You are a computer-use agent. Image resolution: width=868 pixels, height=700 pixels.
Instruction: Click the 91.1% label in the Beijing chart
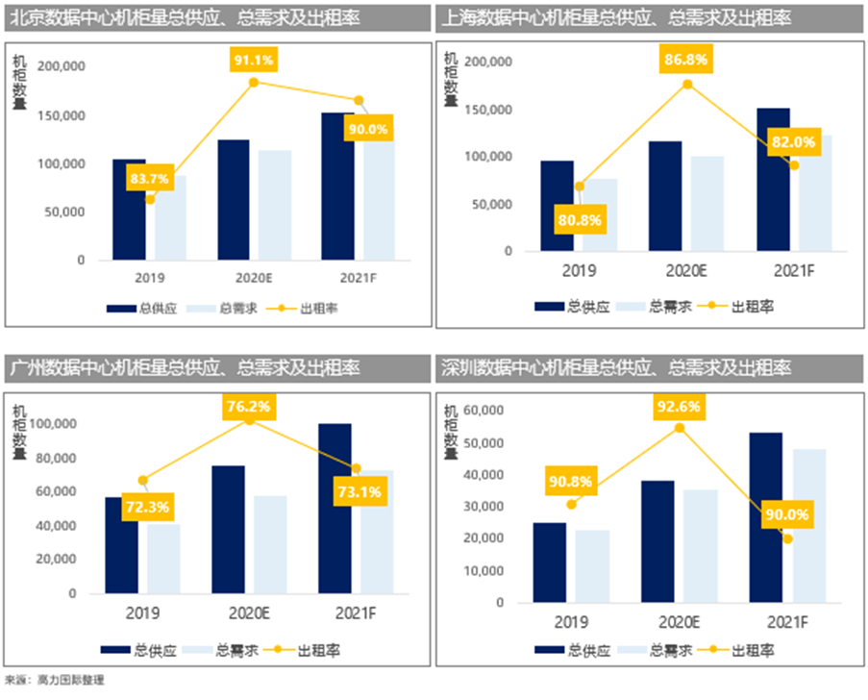[254, 60]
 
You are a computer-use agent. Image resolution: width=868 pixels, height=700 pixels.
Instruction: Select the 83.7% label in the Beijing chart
[148, 178]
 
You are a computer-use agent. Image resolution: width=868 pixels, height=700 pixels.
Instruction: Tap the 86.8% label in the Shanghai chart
[685, 60]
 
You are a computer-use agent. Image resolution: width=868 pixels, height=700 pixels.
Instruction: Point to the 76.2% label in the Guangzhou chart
[248, 406]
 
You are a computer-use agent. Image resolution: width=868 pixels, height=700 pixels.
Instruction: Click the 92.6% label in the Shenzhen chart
[679, 407]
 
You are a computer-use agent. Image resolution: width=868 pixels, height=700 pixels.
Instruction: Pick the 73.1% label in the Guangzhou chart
[359, 492]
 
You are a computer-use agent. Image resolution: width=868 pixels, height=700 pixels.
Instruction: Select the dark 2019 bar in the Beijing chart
[129, 210]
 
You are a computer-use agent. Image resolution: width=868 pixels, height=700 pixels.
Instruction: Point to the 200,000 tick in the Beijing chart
[61, 66]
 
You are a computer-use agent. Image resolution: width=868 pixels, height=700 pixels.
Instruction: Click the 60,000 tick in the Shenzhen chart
[484, 411]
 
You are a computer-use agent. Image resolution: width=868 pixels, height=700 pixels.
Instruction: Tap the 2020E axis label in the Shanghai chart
[686, 272]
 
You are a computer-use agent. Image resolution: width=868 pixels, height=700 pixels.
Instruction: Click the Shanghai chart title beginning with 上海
[615, 18]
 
